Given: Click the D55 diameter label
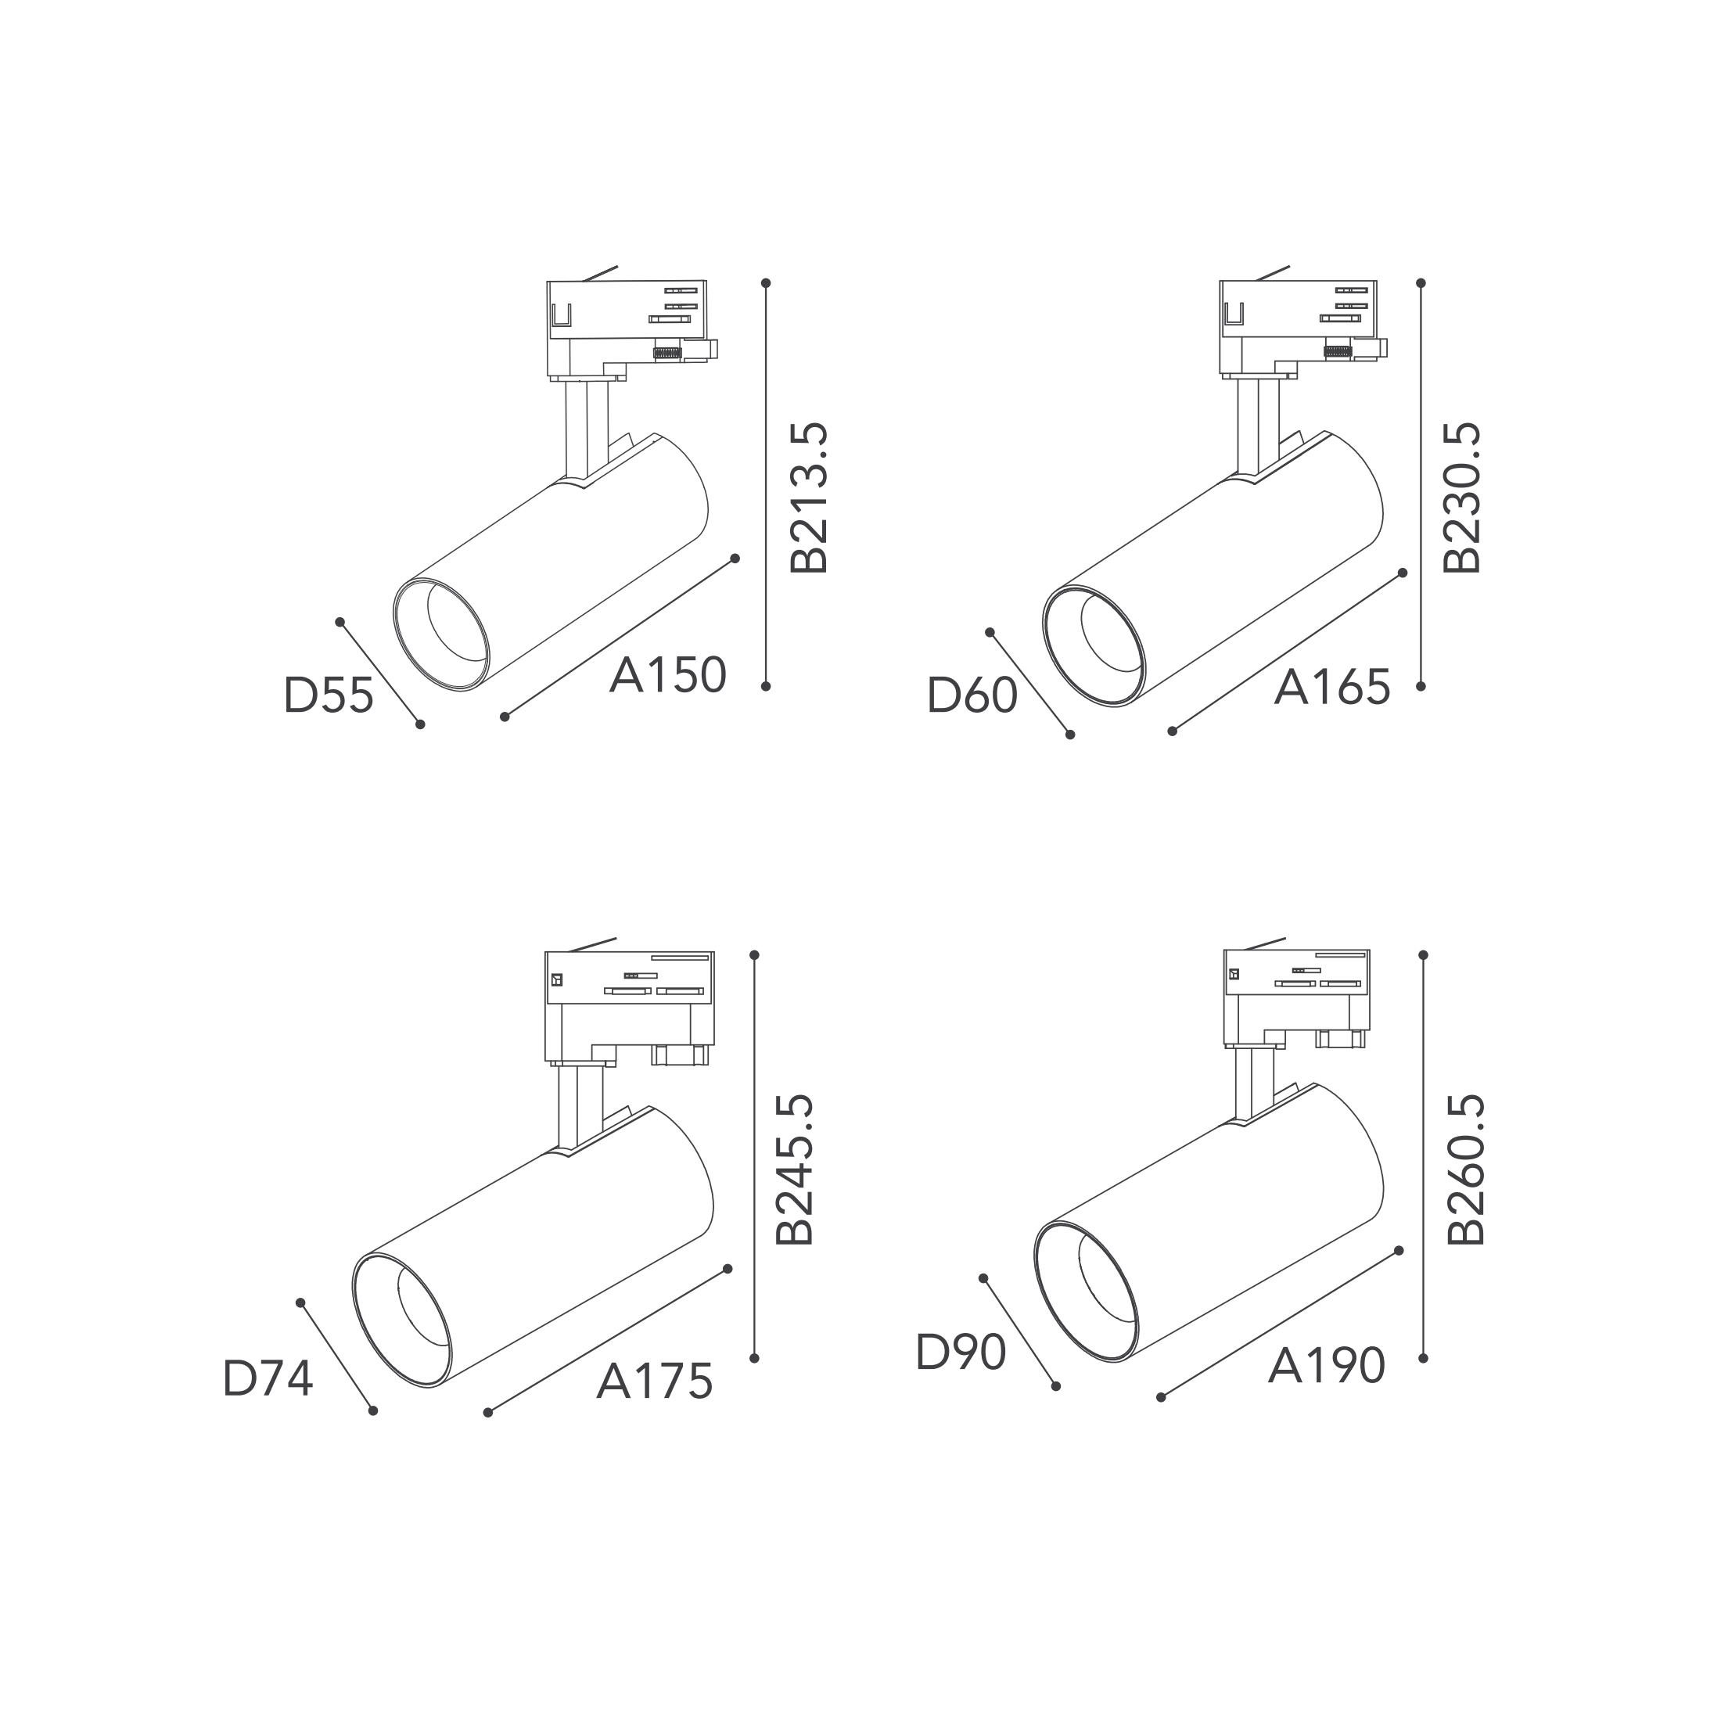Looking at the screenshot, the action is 329,695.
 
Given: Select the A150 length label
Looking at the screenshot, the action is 668,675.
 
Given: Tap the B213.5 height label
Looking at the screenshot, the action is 810,498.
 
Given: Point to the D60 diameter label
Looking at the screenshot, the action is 972,695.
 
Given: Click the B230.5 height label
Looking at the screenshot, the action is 1462,498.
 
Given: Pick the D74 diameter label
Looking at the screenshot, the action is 268,1379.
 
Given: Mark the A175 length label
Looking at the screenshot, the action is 655,1381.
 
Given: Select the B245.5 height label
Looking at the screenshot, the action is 795,1170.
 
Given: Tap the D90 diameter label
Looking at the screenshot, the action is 961,1353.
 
